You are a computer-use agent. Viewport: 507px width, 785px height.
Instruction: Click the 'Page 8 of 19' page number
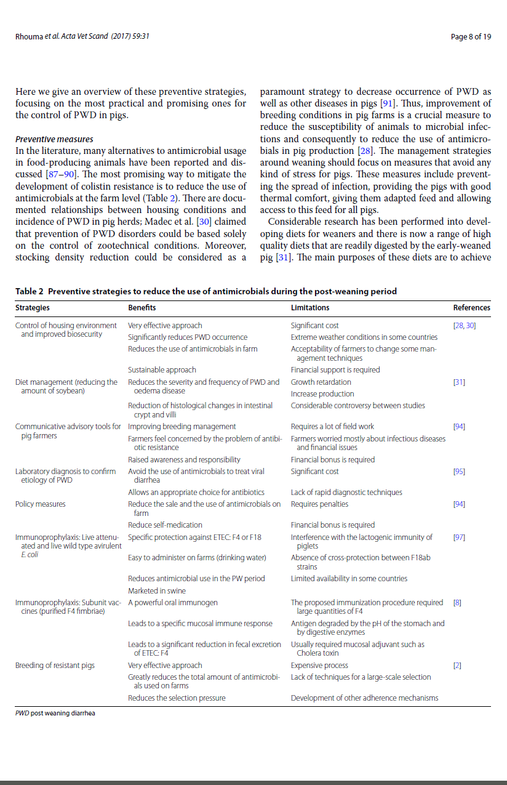[x=471, y=37]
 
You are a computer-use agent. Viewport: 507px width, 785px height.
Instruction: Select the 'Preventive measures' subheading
[x=54, y=139]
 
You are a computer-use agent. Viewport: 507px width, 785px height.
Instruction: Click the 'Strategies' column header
[x=33, y=307]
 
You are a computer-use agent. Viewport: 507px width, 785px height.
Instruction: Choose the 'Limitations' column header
[x=310, y=307]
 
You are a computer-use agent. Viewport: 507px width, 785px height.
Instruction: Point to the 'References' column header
[x=471, y=307]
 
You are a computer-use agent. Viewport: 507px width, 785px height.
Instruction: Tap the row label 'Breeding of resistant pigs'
[x=55, y=666]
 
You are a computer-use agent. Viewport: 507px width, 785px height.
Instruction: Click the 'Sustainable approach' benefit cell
[x=162, y=370]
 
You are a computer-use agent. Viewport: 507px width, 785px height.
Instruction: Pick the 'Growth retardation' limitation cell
[x=321, y=382]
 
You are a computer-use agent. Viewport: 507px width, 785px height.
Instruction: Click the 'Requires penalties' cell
[x=319, y=504]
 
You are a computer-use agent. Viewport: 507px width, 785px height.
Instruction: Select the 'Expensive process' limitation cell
[x=319, y=666]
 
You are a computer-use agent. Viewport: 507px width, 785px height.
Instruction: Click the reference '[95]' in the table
[x=459, y=472]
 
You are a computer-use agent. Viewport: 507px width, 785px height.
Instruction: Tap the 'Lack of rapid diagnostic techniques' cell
[x=346, y=493]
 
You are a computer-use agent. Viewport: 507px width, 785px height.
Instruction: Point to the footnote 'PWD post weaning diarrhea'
[x=55, y=714]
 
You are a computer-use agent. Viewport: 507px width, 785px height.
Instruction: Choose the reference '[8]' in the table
[x=457, y=603]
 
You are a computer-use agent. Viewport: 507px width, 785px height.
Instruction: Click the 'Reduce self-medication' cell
[x=165, y=525]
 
